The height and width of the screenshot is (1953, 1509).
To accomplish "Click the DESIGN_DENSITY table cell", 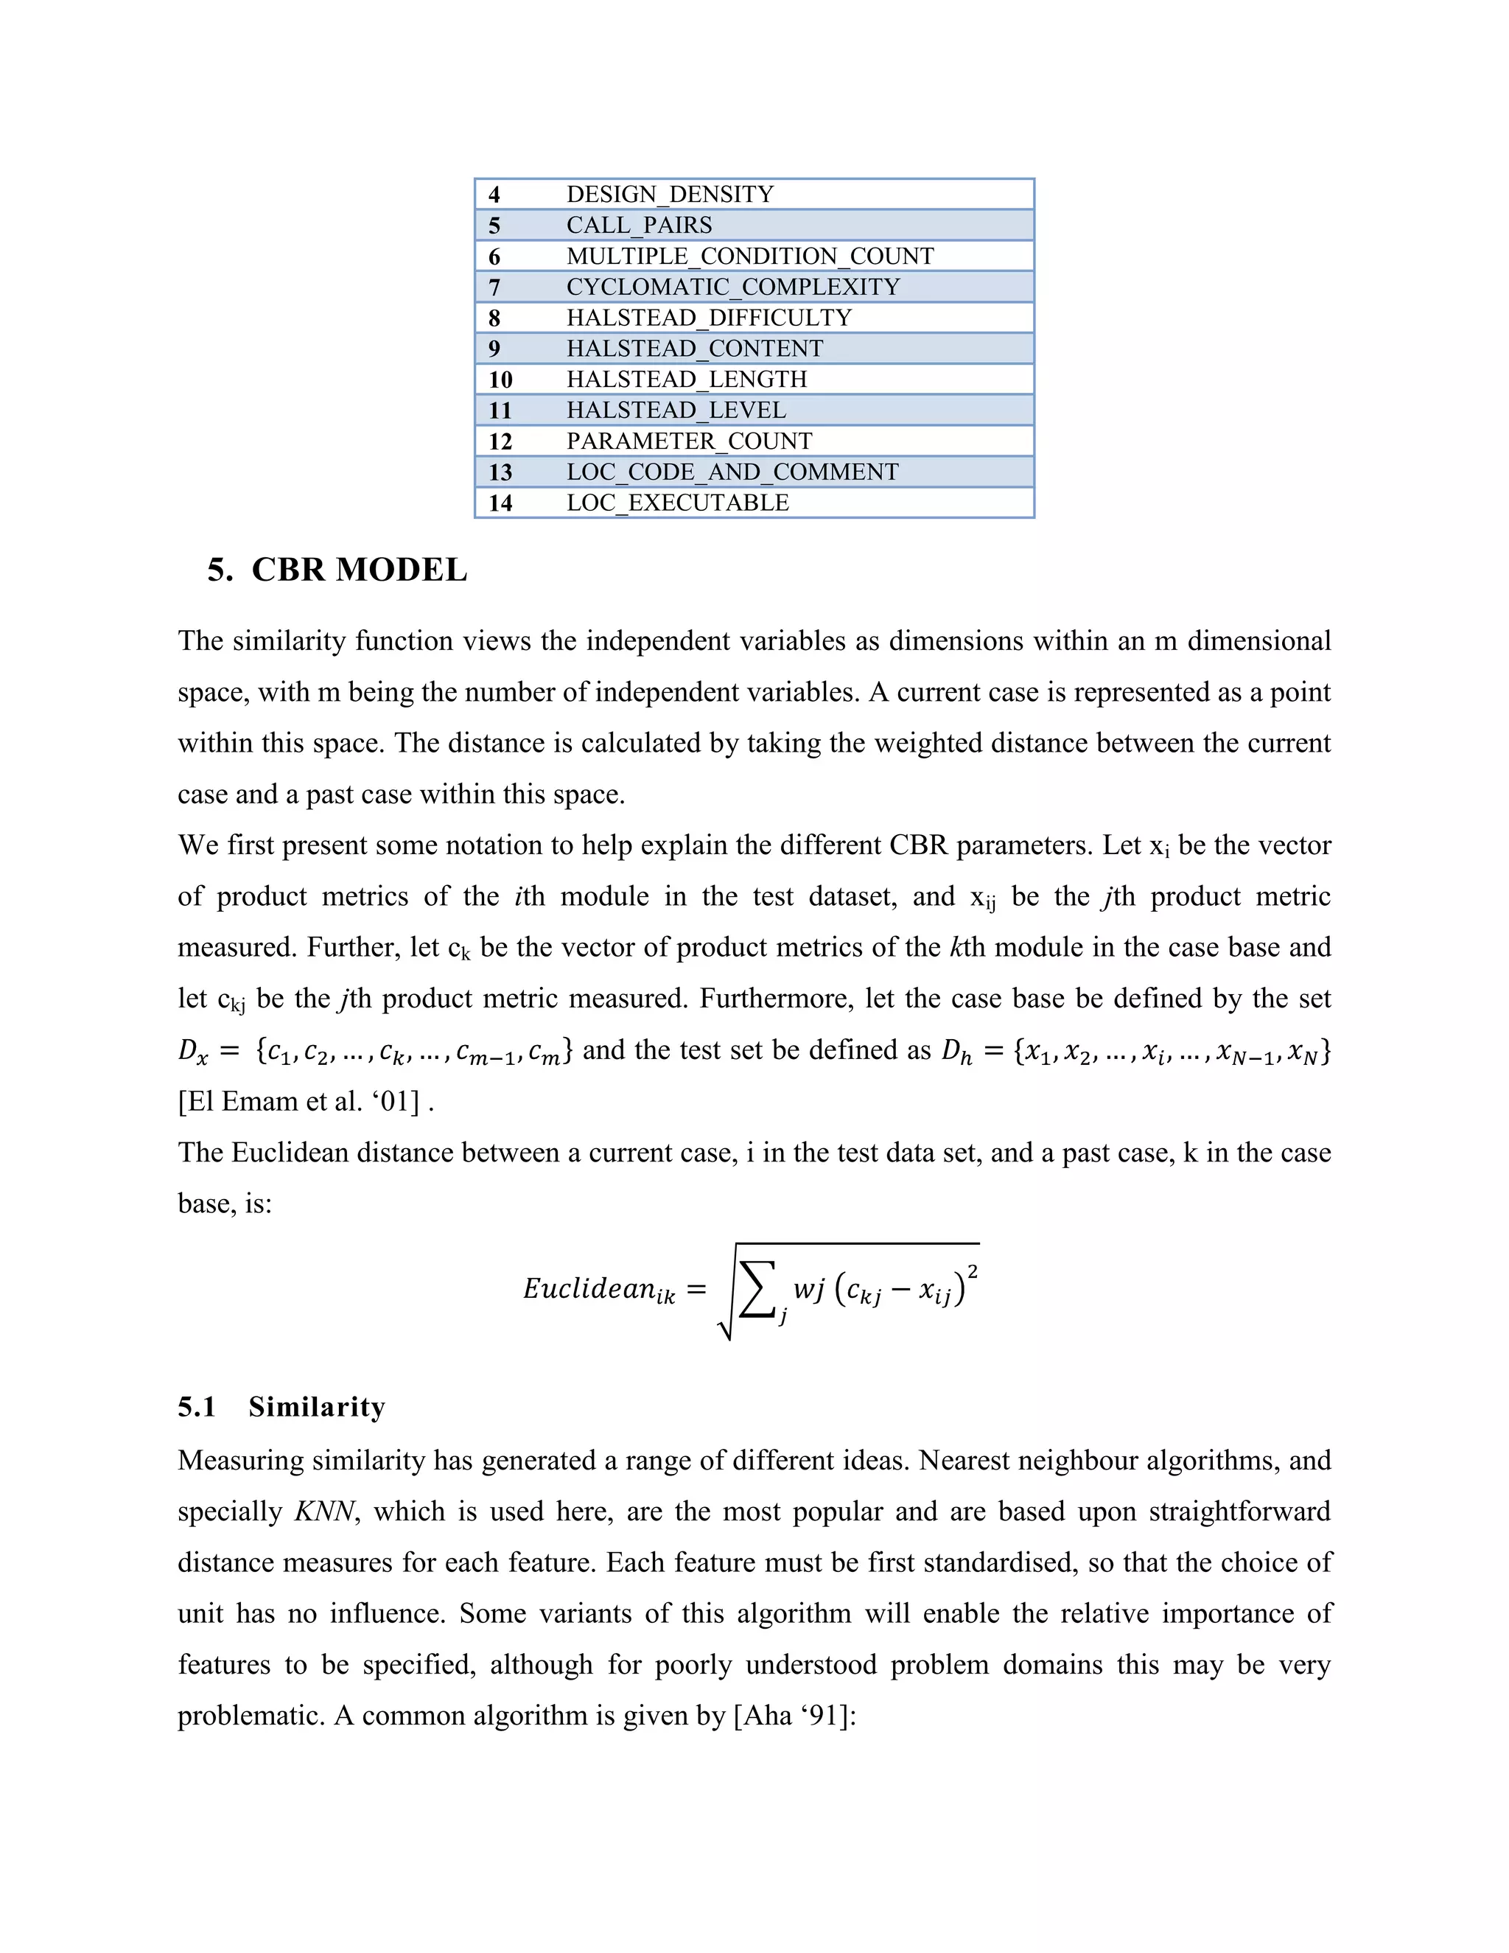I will click(670, 194).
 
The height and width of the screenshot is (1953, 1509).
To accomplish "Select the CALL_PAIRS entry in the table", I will click(639, 226).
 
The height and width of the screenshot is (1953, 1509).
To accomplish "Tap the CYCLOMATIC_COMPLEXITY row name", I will click(733, 287).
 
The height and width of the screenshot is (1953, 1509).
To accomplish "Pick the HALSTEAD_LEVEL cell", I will click(676, 410).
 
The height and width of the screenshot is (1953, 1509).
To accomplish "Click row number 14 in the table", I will click(500, 503).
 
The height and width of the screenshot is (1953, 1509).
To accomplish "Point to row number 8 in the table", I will click(494, 318).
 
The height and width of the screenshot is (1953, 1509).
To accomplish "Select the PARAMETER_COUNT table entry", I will click(689, 441).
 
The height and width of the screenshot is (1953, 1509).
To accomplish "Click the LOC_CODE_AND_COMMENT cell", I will click(732, 472).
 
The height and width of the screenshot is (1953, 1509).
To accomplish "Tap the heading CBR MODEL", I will click(359, 570).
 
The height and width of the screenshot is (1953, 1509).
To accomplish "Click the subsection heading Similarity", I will click(316, 1407).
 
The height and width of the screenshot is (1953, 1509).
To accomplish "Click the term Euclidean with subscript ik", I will click(599, 1290).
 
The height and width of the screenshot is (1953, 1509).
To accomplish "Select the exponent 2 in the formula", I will click(972, 1271).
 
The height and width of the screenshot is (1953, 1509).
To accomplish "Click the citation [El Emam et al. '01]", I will click(299, 1102).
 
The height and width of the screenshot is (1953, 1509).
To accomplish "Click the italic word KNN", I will click(324, 1512).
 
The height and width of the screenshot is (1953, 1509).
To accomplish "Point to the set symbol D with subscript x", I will click(192, 1052).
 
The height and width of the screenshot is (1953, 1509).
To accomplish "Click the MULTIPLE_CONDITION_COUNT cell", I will click(750, 256).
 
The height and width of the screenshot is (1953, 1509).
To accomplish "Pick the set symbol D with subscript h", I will click(956, 1052).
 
